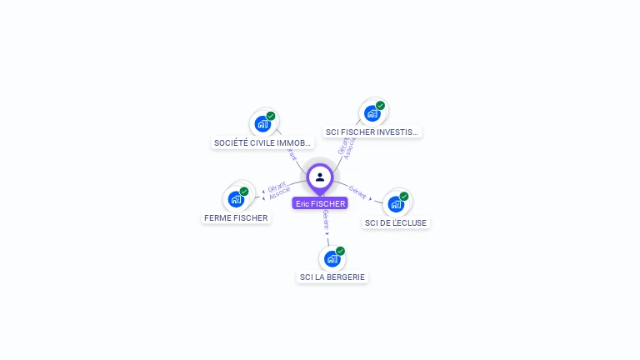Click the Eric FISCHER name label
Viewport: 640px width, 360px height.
[320, 203]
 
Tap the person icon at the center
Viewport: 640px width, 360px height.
[320, 177]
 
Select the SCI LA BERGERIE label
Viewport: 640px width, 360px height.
[332, 277]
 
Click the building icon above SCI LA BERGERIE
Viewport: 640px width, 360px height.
[332, 259]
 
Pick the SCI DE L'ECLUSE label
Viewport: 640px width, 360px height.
[396, 222]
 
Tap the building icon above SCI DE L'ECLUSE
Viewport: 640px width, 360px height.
[395, 204]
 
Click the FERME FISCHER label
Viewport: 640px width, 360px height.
[236, 217]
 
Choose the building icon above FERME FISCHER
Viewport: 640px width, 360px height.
[236, 199]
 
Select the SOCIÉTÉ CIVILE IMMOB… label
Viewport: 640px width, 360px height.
[262, 142]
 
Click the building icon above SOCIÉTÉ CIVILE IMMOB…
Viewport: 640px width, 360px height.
[262, 124]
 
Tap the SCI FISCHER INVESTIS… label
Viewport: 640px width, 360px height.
[372, 132]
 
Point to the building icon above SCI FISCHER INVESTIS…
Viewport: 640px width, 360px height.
[372, 113]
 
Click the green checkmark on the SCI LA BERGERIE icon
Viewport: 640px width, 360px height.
[340, 251]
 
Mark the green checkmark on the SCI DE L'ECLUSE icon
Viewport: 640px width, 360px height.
[404, 197]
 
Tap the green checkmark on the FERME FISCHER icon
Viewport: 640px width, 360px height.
[244, 192]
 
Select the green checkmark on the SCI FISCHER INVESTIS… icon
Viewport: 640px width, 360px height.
[380, 106]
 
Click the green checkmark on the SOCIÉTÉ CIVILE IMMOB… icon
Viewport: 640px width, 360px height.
[271, 116]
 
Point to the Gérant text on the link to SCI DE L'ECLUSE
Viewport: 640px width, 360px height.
[357, 192]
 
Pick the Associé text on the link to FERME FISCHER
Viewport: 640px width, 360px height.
[280, 193]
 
